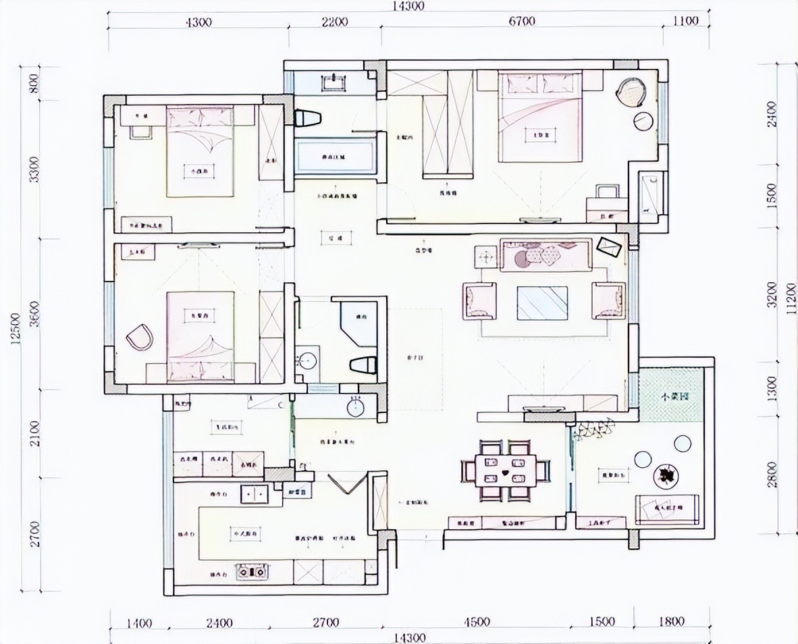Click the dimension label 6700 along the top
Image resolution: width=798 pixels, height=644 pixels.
[x=522, y=21]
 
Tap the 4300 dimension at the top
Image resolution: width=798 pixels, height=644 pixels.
[x=198, y=21]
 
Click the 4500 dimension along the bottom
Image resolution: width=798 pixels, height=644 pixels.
[x=477, y=622]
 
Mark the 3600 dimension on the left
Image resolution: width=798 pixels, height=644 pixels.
[x=36, y=314]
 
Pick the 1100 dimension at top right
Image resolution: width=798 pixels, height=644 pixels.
[x=685, y=21]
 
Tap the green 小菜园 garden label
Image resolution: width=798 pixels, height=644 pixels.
[x=673, y=397]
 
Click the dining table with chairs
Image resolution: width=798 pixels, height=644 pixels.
[x=506, y=468]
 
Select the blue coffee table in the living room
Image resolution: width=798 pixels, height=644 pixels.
[x=542, y=303]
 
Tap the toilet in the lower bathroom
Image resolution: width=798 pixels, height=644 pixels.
[x=363, y=365]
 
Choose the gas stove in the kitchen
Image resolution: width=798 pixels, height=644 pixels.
[x=251, y=572]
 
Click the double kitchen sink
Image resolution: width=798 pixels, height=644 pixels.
[x=255, y=495]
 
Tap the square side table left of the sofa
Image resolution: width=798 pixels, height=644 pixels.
[x=485, y=257]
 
